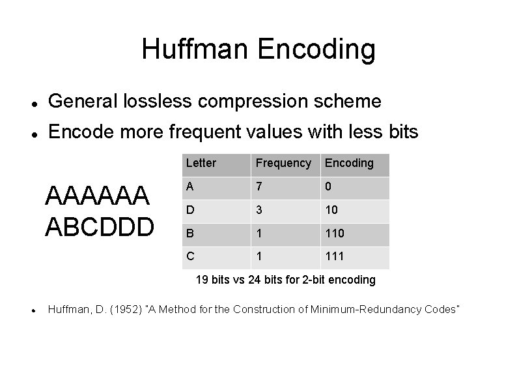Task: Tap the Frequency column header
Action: (x=283, y=163)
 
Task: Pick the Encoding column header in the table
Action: (x=349, y=163)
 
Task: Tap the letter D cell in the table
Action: (x=189, y=210)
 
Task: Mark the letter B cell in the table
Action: (x=189, y=233)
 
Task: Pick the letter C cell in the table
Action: (x=189, y=257)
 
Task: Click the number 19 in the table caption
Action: (x=203, y=280)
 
